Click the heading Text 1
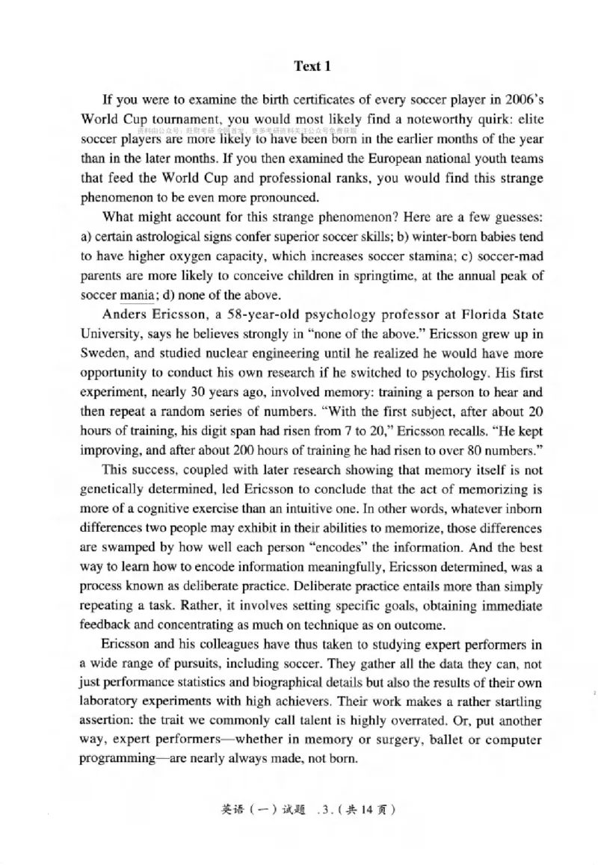[x=312, y=66]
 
